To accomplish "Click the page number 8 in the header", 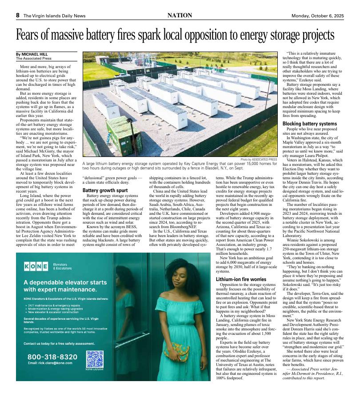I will point(18,15).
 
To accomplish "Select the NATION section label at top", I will point(180,15).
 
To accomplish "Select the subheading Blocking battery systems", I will point(310,123).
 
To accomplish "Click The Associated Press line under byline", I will point(34,58).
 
